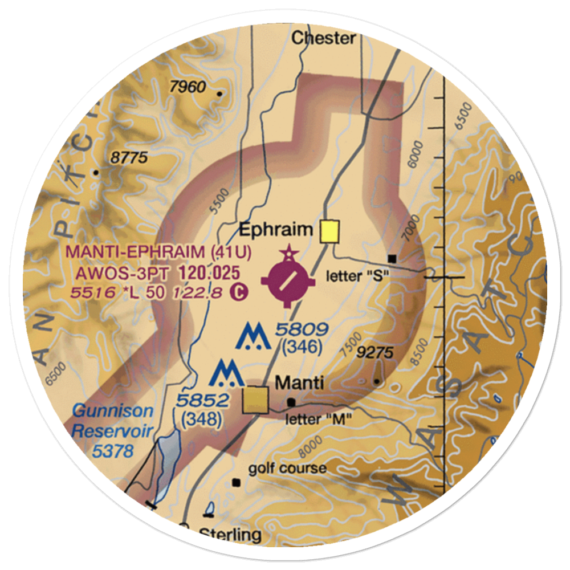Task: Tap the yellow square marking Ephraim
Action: click(329, 231)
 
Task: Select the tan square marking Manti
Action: click(255, 400)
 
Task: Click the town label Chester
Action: click(323, 38)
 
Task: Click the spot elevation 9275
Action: click(374, 353)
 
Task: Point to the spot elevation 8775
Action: click(129, 158)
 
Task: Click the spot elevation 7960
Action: click(188, 87)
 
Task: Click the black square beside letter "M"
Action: click(291, 402)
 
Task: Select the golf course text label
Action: click(287, 469)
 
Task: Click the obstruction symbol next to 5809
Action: click(253, 337)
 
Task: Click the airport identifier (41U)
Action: click(231, 251)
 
